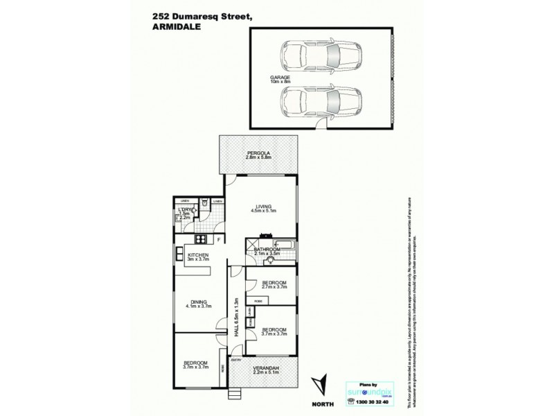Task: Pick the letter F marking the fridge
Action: pos(218,241)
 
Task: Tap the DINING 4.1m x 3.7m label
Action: pos(201,304)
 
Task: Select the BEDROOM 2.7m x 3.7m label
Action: pos(270,286)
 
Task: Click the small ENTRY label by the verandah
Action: pos(235,361)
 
